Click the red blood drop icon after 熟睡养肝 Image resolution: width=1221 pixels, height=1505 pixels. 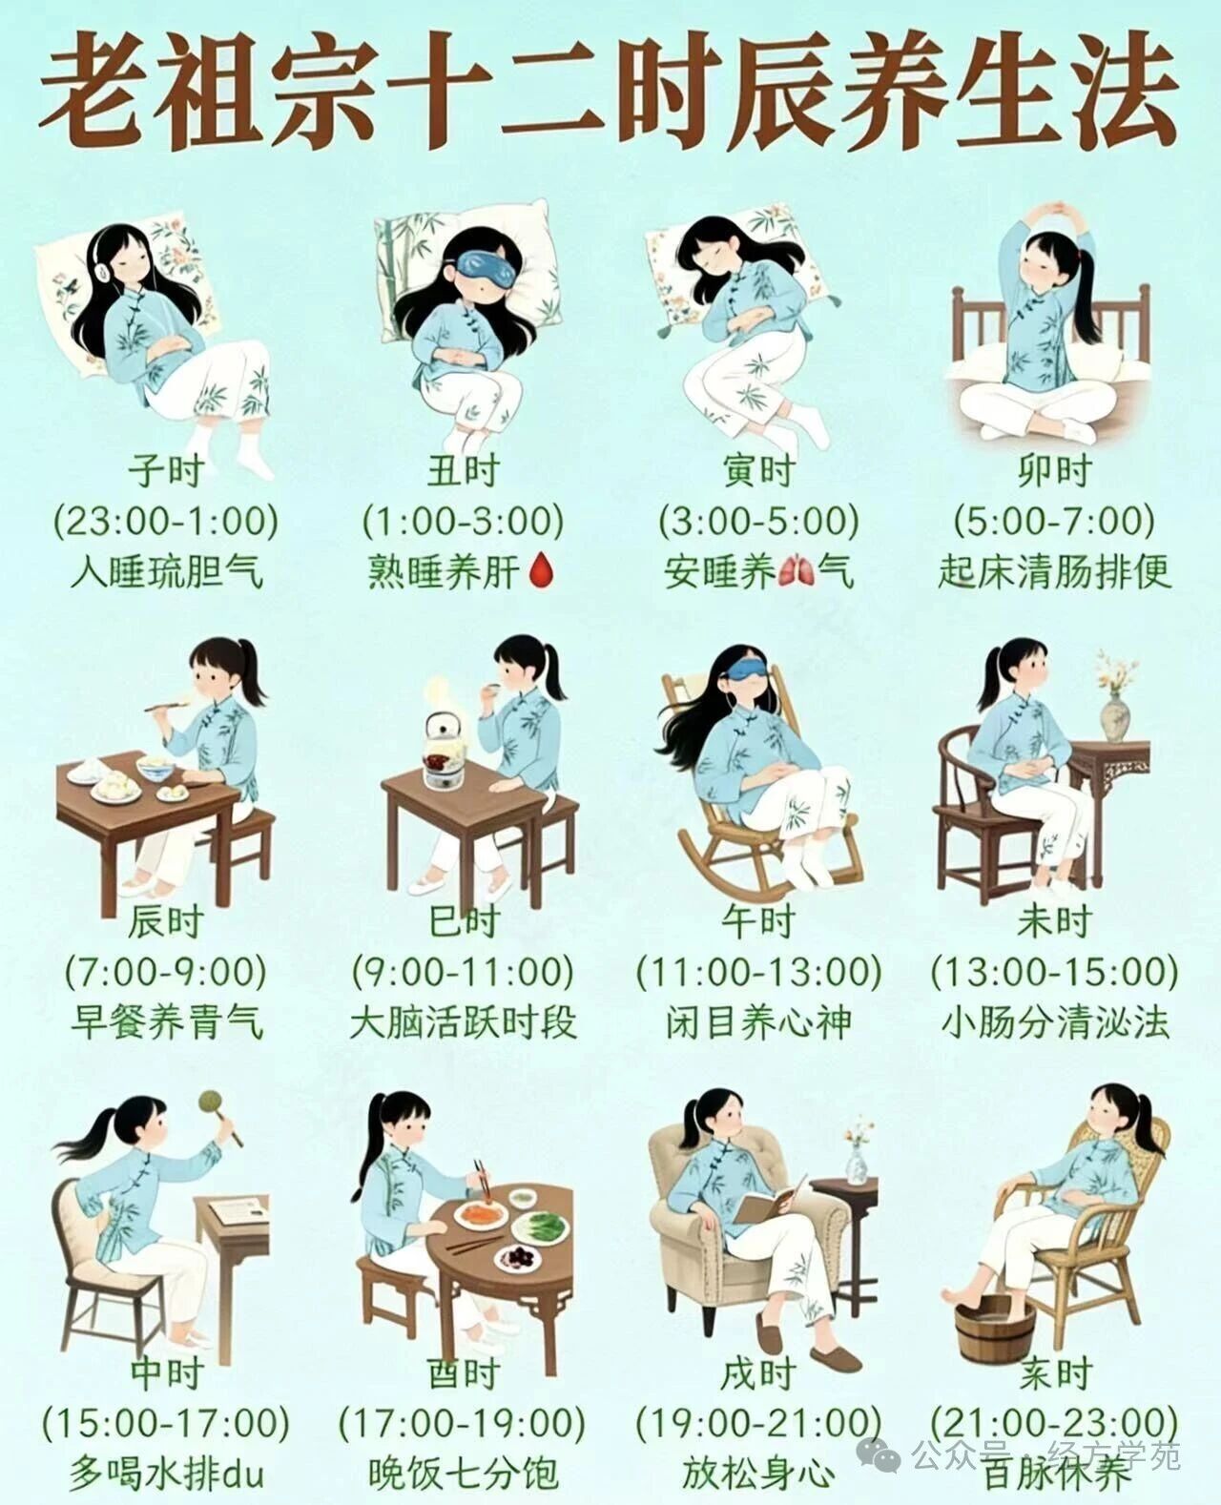541,570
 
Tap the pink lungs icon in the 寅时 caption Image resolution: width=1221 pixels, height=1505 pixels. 796,571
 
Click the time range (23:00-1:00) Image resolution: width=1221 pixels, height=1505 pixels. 166,521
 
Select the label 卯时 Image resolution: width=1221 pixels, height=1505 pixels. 1054,470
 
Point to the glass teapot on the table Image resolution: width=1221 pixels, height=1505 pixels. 443,751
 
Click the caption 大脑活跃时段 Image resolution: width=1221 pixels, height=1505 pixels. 464,1022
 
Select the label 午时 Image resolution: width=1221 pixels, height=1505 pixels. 758,922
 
